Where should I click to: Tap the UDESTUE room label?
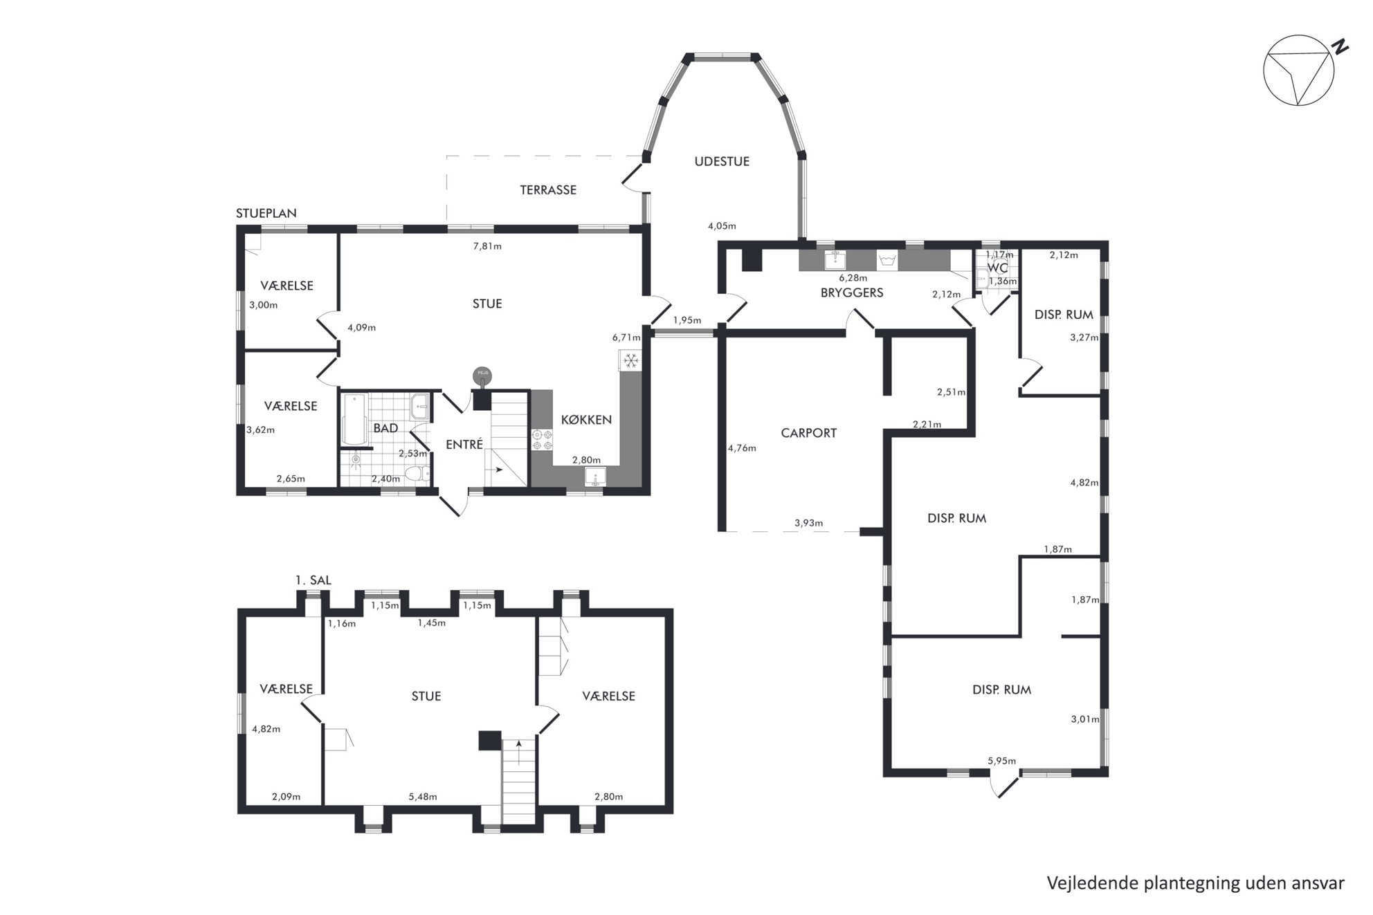722,161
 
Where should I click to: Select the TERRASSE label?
548,190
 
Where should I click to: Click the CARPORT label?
808,433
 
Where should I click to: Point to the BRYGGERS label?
852,293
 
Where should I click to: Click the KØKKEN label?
586,419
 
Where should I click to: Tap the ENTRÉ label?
464,445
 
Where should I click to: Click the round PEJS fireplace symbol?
482,376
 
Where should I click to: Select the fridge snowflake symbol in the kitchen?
630,360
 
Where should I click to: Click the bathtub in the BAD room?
355,420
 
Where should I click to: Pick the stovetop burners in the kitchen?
542,440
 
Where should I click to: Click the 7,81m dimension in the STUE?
487,246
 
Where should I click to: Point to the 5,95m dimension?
1001,761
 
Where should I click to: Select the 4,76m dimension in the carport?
742,447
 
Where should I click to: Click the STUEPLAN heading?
266,213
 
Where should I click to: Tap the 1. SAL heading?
313,580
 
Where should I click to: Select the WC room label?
997,268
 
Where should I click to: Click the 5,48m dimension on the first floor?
423,796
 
